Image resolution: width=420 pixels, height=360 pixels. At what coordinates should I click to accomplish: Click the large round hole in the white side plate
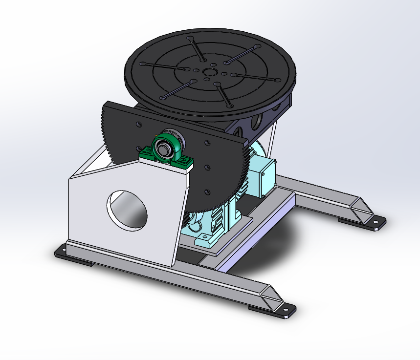pos(128,209)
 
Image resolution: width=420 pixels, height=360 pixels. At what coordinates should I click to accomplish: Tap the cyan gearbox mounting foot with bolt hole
pos(206,238)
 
